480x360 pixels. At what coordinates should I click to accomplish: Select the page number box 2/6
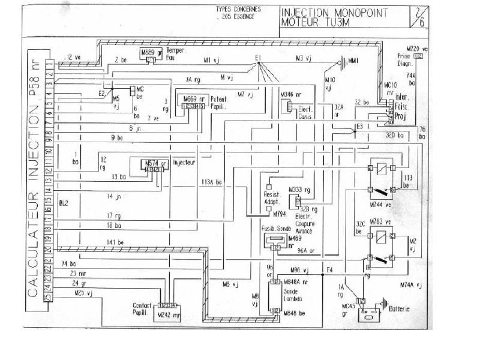pyautogui.click(x=415, y=16)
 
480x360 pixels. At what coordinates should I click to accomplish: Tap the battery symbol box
pyautogui.click(x=370, y=314)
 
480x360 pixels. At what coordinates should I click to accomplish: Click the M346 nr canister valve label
pyautogui.click(x=291, y=95)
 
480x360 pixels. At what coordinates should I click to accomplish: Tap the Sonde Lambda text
pyautogui.click(x=292, y=294)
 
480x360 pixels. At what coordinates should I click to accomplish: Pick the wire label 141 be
pyautogui.click(x=116, y=242)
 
